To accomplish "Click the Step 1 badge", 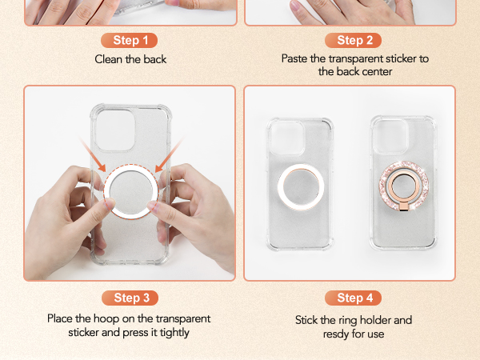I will pos(129,40).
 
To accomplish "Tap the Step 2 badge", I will pos(350,40).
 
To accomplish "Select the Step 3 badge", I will pos(129,298).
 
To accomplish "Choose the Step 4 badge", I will pos(350,298).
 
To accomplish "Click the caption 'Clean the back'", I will pos(130,58).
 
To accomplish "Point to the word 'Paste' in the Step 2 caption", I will pos(296,58).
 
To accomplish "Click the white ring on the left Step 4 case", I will pos(299,189).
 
